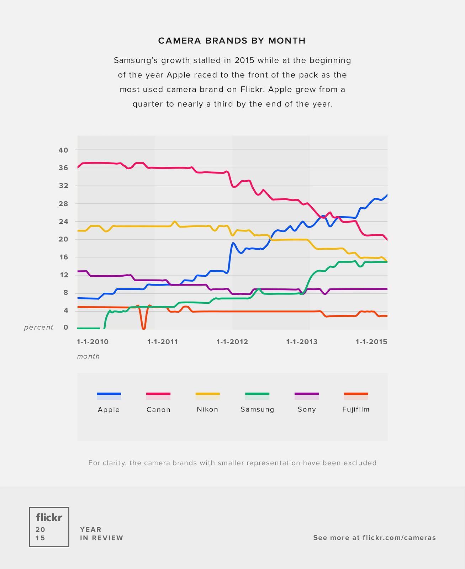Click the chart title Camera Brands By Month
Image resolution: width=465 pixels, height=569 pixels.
232,41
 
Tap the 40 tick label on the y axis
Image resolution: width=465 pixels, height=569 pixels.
63,150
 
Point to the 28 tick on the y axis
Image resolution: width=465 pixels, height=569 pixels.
63,204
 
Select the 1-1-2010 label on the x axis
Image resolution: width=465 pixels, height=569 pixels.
93,342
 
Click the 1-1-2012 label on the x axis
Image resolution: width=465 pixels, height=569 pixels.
232,342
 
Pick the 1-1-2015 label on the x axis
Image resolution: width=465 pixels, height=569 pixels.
371,342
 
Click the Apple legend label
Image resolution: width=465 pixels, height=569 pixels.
109,410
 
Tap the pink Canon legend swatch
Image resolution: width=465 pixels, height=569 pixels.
158,394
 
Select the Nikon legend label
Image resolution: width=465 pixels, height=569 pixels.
207,409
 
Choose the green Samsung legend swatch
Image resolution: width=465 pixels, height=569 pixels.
257,394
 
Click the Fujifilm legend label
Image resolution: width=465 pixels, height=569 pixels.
356,409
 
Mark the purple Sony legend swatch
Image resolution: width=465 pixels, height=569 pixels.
307,394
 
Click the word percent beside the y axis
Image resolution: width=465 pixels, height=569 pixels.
39,328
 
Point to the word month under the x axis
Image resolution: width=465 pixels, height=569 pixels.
89,356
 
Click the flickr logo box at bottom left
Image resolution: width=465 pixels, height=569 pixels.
49,527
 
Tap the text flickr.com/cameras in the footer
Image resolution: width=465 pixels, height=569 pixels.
399,538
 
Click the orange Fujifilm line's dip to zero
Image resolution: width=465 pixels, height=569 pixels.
143,328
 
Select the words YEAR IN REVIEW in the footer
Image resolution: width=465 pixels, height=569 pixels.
102,534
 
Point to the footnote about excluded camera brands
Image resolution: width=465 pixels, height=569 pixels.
232,463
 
